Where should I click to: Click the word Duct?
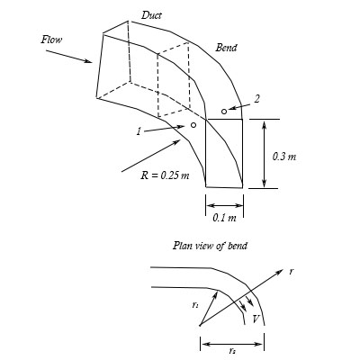pos(152,15)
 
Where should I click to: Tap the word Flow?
pos(52,40)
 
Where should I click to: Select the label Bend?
pos(226,47)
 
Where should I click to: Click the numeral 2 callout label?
pos(257,99)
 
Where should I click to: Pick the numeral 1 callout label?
pos(139,131)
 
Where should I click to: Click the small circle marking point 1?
pos(193,125)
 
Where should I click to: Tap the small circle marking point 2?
pos(224,112)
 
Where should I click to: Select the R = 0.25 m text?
pos(165,174)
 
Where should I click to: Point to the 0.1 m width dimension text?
pos(224,217)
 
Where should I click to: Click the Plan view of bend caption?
pos(210,246)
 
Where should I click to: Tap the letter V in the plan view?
pos(256,318)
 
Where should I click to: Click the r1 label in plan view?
pos(195,305)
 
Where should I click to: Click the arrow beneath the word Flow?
pos(67,53)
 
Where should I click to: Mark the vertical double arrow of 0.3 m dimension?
pos(264,154)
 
